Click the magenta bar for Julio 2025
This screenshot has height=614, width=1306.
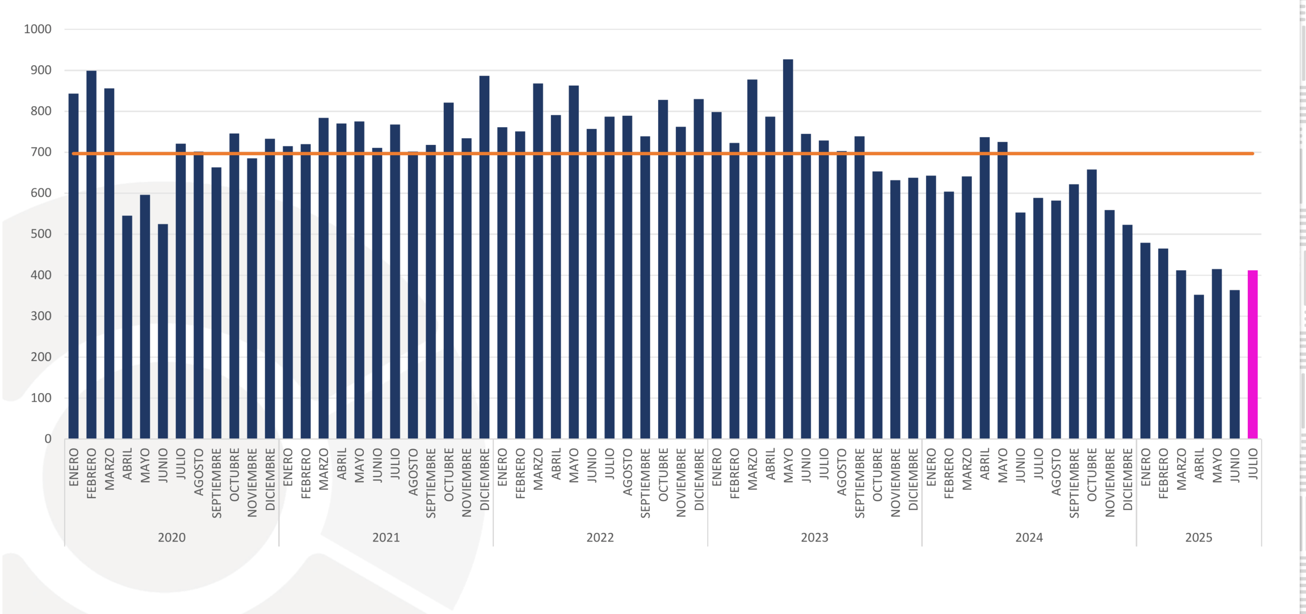(1252, 354)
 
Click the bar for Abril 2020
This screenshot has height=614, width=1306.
(127, 327)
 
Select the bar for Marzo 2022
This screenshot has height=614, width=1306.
(538, 261)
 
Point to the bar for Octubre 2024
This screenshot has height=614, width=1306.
(1092, 304)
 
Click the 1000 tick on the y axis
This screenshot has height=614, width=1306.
(38, 29)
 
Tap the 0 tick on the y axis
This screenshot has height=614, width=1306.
(48, 439)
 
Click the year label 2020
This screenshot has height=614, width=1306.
(171, 537)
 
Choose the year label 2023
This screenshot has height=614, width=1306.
(814, 537)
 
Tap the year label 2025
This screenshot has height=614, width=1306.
(1198, 537)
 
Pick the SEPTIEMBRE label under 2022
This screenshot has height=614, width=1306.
(645, 483)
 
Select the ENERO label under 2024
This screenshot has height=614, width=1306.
(931, 467)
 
